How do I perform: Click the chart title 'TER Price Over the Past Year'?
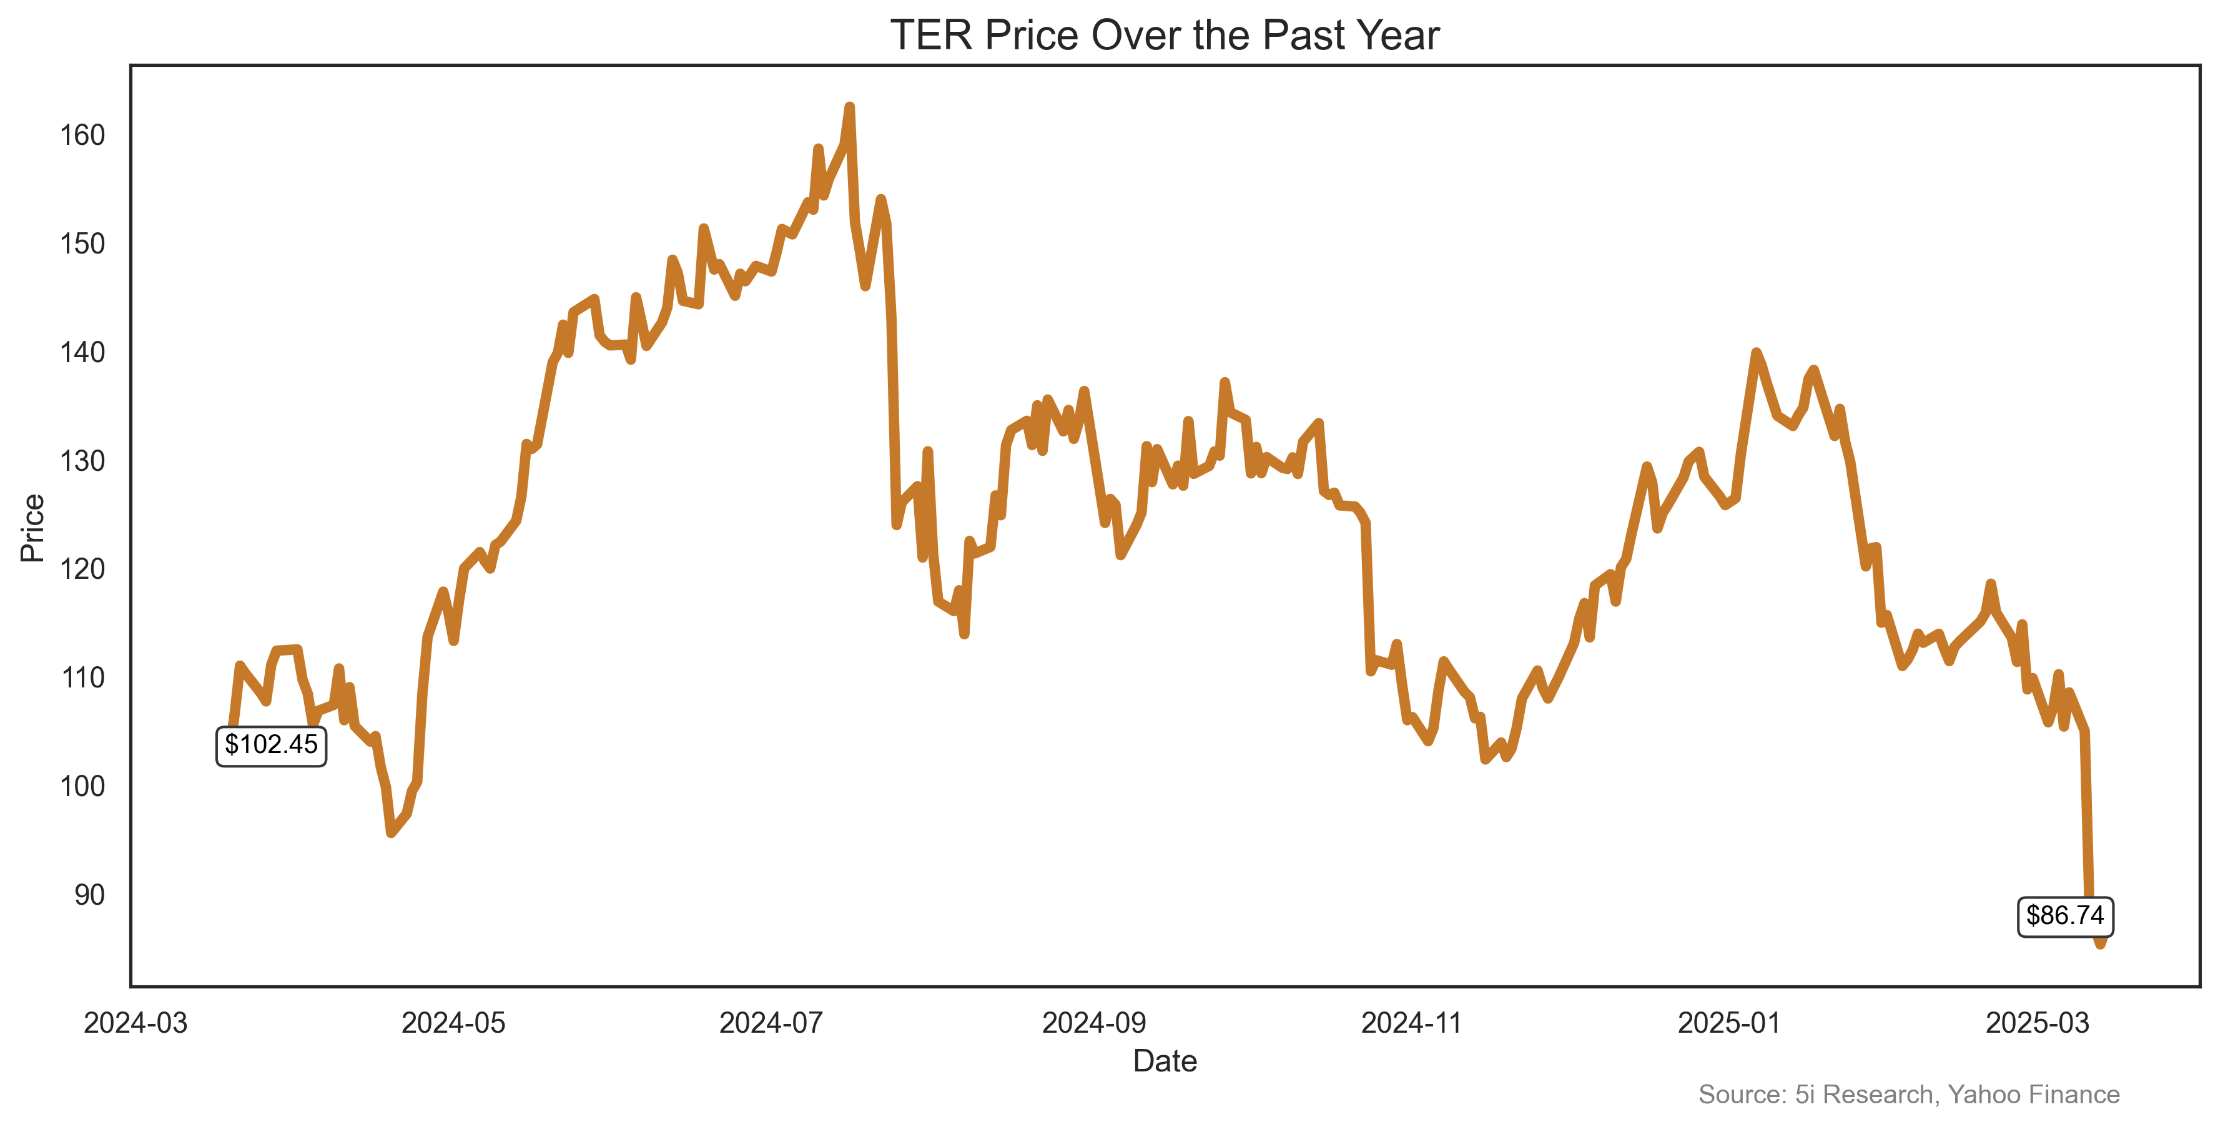point(1164,36)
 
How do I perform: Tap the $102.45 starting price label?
point(270,745)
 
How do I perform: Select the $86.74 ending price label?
point(2065,915)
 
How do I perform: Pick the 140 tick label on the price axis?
point(82,352)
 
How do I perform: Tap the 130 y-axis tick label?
point(82,461)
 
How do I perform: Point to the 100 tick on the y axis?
point(82,786)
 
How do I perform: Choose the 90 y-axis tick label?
point(89,895)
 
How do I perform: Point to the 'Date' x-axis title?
point(1164,1061)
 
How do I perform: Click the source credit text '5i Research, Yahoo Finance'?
point(1908,1095)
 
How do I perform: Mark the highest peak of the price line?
point(849,107)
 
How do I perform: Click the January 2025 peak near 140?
point(1756,353)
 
